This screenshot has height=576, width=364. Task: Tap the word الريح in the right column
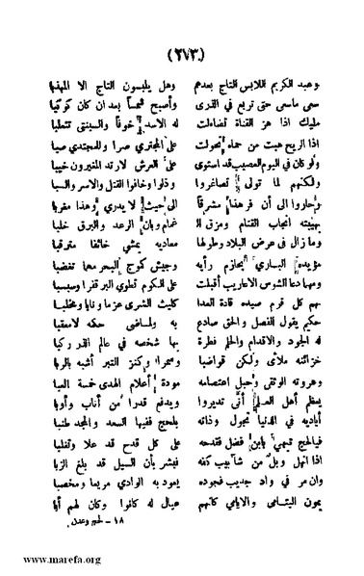pyautogui.click(x=289, y=140)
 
